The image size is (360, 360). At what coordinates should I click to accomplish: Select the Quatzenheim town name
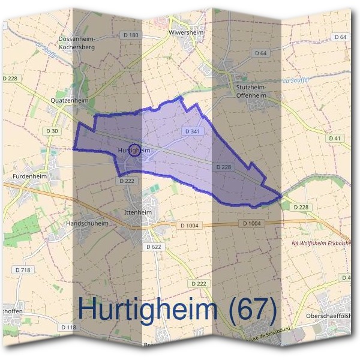point(70,100)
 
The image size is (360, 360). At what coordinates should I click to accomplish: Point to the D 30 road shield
point(52,131)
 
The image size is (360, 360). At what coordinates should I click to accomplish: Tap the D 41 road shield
point(335,139)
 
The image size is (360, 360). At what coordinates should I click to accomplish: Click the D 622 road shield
point(154,247)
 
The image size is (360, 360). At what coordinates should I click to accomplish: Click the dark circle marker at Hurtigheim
point(136,151)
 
